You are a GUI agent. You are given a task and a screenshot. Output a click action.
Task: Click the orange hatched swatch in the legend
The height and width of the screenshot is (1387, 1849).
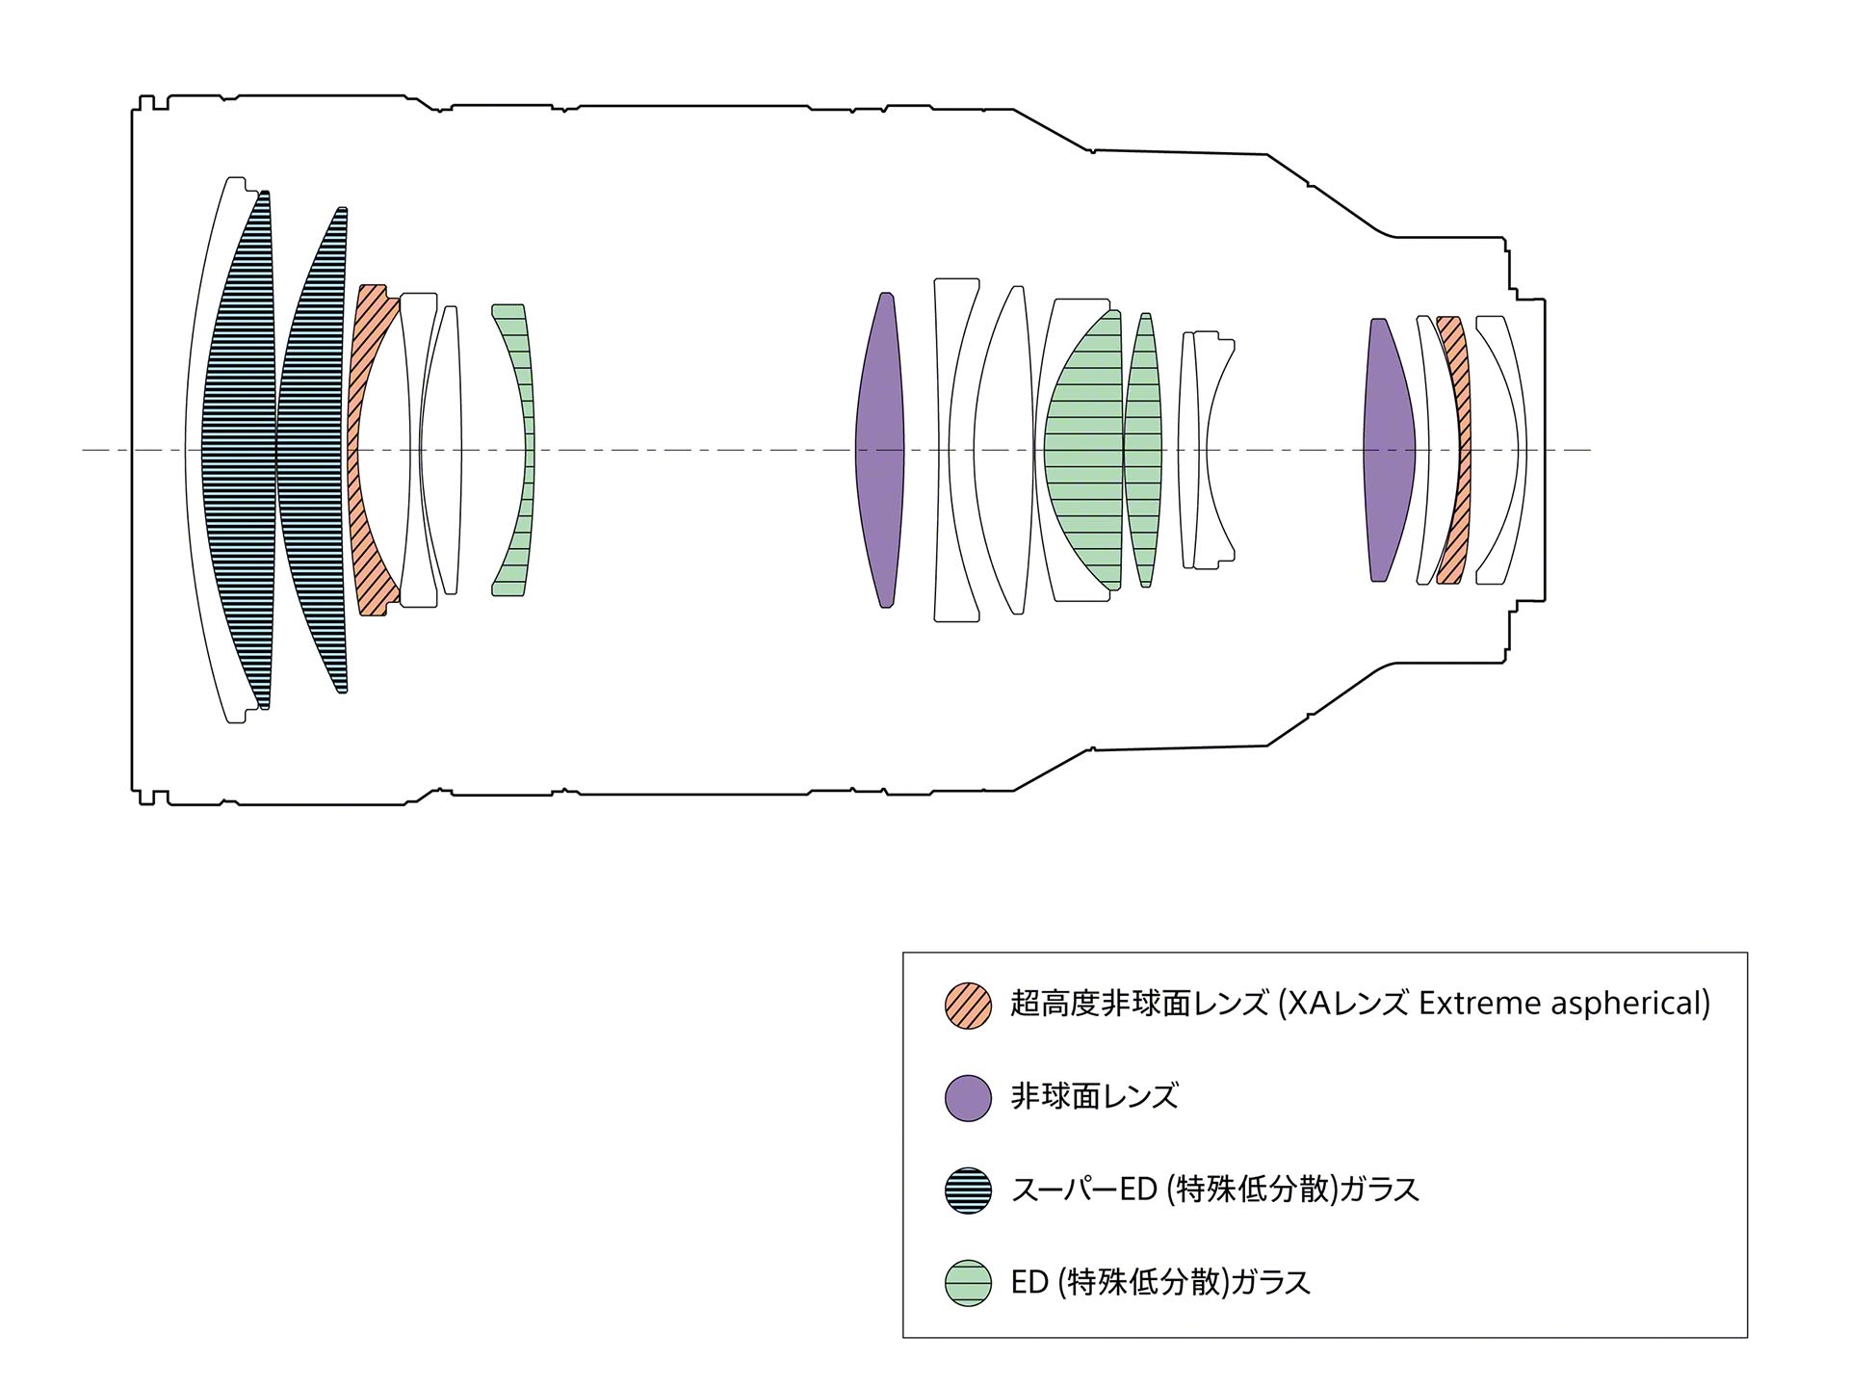tap(968, 1006)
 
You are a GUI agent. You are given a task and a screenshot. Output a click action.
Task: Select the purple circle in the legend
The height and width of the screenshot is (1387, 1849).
tap(968, 1098)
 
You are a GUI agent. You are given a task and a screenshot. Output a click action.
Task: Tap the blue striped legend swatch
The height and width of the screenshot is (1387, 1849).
tap(968, 1191)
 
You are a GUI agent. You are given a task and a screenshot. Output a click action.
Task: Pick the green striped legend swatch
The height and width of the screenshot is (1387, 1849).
tap(968, 1283)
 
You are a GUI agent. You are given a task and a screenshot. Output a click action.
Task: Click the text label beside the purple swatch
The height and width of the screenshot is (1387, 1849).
tap(1094, 1097)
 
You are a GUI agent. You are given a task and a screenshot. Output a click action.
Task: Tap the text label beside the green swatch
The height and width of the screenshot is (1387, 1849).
tap(1160, 1283)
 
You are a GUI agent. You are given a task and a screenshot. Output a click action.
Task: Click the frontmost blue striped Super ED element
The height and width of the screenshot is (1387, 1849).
tap(237, 450)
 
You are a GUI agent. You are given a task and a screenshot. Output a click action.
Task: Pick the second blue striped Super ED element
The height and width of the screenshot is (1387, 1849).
tap(310, 450)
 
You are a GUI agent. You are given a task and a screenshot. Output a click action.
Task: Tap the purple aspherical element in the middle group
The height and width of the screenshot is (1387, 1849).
tap(880, 450)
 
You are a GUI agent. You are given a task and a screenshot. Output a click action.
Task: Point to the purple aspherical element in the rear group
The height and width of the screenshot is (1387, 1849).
tap(1389, 450)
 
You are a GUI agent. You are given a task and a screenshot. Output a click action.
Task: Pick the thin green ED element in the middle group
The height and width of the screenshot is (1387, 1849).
tap(1144, 450)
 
